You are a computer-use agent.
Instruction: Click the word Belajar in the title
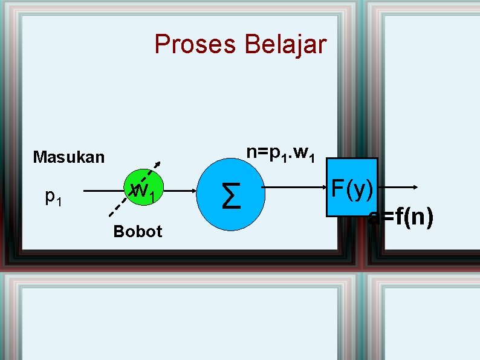[x=285, y=45]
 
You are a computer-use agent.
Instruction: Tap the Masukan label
[x=68, y=158]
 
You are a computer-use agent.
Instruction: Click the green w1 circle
[x=143, y=191]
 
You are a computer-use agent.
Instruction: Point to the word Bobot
[x=137, y=232]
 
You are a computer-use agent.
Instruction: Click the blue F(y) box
[x=351, y=188]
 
